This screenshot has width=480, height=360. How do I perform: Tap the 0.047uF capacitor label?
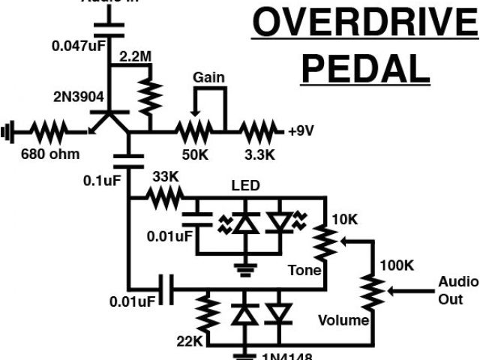(x=78, y=46)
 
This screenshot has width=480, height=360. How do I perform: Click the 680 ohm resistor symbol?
(x=49, y=133)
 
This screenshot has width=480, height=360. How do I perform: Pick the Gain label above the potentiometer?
(x=208, y=77)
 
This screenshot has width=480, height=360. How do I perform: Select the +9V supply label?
(x=300, y=130)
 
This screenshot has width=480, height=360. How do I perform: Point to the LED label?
(x=242, y=184)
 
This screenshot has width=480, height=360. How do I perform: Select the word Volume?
(x=343, y=320)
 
